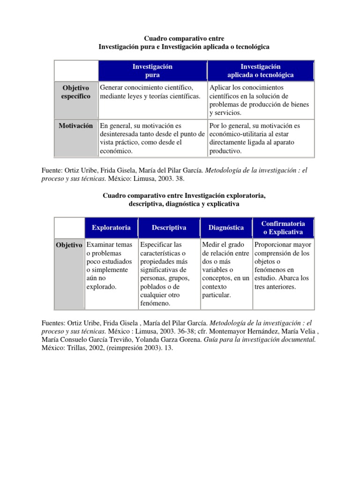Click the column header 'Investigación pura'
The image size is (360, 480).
click(152, 71)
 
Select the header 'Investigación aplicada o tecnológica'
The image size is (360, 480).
click(260, 71)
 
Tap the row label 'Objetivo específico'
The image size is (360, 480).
click(75, 92)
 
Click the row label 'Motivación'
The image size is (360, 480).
click(75, 126)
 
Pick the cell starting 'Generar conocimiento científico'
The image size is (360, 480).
click(152, 92)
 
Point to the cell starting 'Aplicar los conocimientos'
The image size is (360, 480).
click(260, 100)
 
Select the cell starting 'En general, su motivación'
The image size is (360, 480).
click(152, 138)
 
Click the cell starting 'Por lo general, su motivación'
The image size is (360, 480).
click(260, 138)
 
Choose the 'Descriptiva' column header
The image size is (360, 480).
click(169, 227)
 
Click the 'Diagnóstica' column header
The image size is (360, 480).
click(226, 228)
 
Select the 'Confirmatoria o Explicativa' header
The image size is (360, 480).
click(283, 227)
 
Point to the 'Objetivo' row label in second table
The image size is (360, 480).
click(69, 245)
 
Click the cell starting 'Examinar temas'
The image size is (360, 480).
click(111, 265)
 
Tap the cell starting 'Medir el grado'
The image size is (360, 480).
click(225, 270)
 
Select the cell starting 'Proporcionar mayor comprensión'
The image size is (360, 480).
click(283, 265)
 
